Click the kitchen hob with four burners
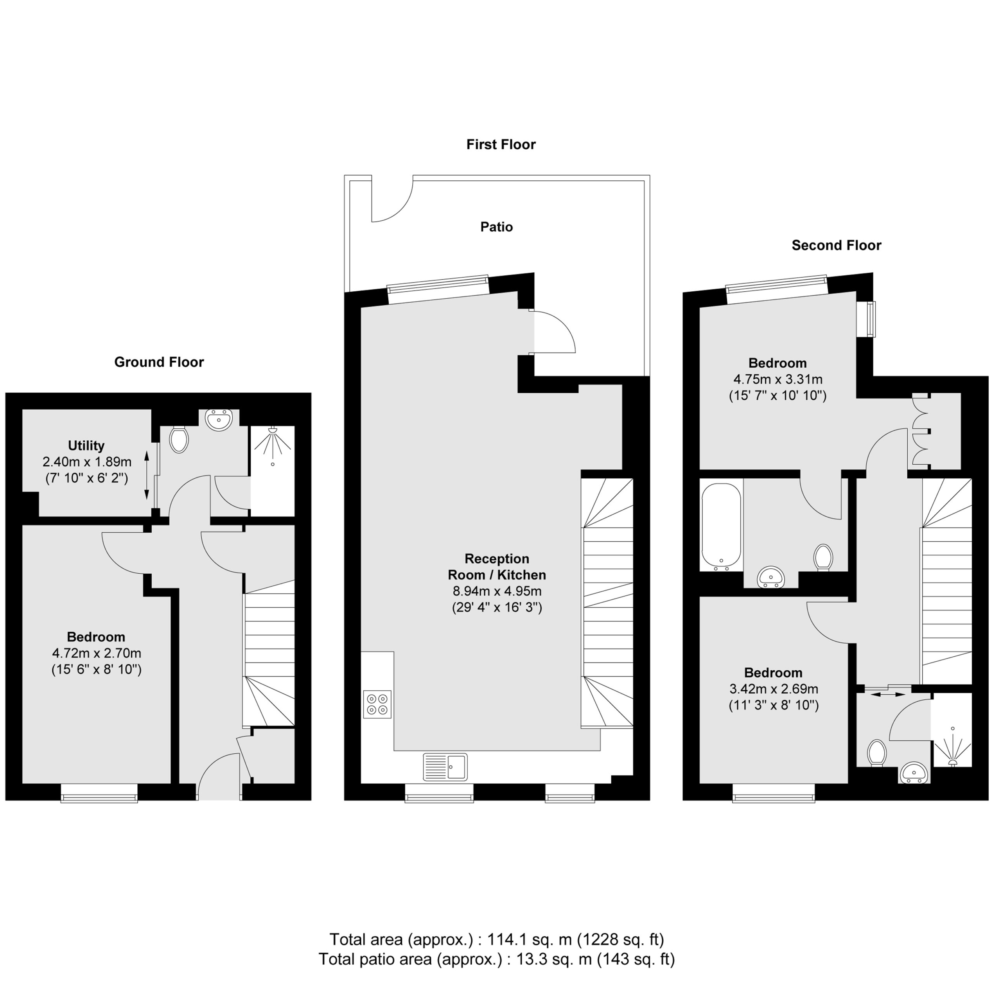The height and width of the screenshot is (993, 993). point(377,704)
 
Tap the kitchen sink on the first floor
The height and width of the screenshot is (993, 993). point(445,767)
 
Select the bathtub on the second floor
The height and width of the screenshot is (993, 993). point(721,526)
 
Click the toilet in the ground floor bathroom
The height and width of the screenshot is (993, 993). point(179,440)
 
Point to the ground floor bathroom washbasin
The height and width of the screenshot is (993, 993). point(219,419)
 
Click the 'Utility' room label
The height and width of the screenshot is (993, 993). point(86,446)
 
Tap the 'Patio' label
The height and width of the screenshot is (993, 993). point(496,227)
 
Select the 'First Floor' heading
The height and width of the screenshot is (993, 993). point(501,144)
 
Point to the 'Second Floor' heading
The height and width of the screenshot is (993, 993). point(836,245)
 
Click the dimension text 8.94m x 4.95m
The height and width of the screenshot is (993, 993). point(496,591)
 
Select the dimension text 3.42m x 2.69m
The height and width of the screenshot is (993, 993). point(773,689)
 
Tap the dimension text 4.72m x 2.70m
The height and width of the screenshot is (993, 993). point(97,653)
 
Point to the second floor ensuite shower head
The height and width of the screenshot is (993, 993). point(952,762)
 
